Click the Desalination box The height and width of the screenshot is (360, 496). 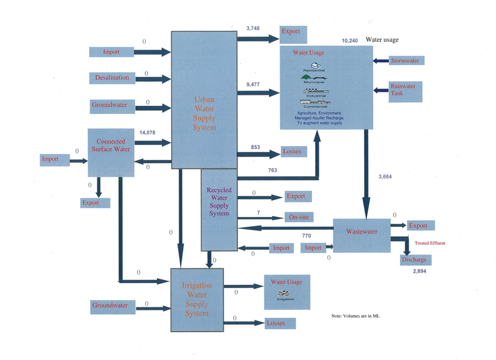pos(112,78)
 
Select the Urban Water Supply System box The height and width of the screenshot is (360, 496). pos(205,100)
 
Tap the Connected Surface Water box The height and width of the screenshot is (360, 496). pos(111,152)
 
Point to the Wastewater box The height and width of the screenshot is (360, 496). pos(361,235)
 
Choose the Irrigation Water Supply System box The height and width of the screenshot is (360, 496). pos(197,300)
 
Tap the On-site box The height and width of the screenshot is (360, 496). pos(298,217)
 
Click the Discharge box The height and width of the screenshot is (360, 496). pos(414,260)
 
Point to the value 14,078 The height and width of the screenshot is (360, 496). pos(148,133)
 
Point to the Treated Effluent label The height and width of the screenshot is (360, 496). pos(430,243)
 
